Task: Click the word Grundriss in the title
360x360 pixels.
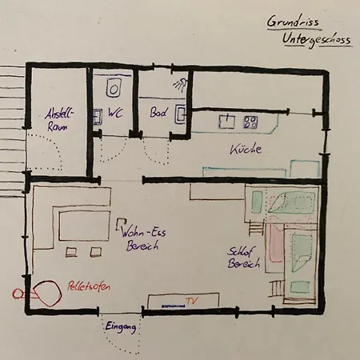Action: tap(293, 22)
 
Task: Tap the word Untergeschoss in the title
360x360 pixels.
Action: tap(317, 40)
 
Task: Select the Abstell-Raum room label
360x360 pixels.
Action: tap(59, 120)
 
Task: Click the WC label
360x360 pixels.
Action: tap(115, 113)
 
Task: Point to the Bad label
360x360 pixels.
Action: tap(159, 113)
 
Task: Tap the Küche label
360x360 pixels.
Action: tap(246, 149)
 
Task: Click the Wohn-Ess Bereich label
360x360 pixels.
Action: tap(143, 238)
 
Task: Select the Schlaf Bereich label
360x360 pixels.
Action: tap(243, 258)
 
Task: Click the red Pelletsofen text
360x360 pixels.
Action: tap(89, 286)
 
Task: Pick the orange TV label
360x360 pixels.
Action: tap(192, 301)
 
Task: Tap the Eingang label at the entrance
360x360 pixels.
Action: tap(121, 327)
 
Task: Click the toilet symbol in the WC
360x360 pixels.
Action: tap(114, 88)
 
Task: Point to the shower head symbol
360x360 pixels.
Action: tap(180, 85)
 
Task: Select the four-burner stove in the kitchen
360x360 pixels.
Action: tap(250, 122)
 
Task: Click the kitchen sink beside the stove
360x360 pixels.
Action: tap(227, 122)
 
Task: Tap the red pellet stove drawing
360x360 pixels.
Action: tap(47, 293)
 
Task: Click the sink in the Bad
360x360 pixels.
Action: tap(181, 114)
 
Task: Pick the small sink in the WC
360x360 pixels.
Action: tap(98, 117)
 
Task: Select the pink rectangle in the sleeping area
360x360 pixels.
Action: tap(276, 243)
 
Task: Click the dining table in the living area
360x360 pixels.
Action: tap(84, 226)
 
